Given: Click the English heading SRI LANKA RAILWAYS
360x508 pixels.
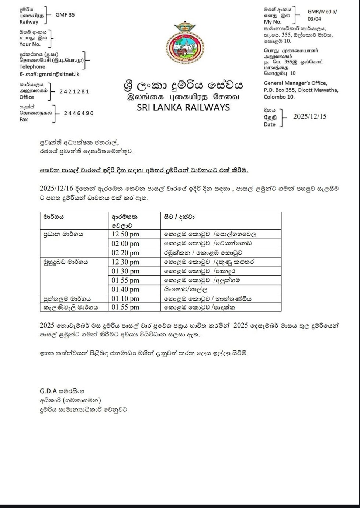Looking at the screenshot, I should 183,108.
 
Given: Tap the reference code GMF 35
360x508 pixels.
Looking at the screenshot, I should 65,15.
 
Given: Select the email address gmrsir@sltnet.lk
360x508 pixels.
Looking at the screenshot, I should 59,74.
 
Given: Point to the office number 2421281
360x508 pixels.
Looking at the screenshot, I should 74,91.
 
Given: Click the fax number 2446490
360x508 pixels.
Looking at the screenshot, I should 79,113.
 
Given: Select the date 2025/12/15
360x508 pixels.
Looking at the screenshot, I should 309,117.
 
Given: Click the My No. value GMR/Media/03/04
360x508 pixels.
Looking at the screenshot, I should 322,15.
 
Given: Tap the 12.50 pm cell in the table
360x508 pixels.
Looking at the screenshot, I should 125,234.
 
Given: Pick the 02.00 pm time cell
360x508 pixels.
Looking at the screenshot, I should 125,243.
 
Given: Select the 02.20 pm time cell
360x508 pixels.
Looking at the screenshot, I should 125,253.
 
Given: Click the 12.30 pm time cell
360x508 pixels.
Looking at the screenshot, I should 125,262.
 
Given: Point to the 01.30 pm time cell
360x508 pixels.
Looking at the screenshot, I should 125,271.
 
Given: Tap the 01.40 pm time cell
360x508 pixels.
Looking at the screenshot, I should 125,290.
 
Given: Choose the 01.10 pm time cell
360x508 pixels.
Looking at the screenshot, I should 125,298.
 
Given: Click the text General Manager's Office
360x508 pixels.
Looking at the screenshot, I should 295,83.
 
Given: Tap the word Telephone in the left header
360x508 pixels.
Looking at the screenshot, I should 32,67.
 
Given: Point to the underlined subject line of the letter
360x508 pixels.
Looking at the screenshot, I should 144,170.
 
